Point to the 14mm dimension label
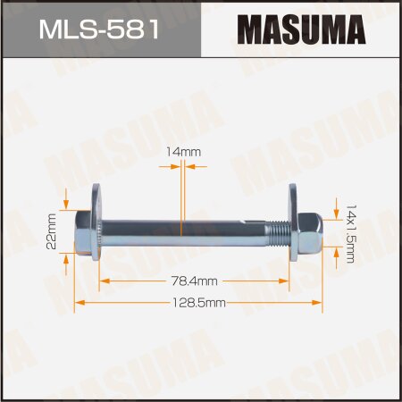[184, 153]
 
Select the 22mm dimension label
[54, 231]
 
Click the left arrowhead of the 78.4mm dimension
[103, 281]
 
